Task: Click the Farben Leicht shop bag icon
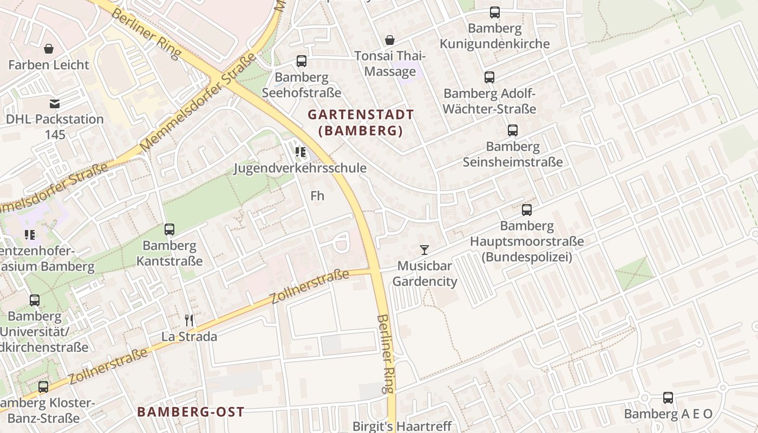coord(49,49)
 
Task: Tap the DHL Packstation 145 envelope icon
coord(55,104)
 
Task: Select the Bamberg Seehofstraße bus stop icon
coord(302,61)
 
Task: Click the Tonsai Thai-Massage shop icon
coord(390,40)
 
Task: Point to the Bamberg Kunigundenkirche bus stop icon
coord(495,12)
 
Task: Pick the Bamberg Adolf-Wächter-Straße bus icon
coord(489,77)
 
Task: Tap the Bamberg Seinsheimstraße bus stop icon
coord(513,130)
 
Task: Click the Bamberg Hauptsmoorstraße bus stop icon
coord(527,210)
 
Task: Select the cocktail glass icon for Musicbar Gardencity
coord(424,250)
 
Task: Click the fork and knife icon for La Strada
coord(189,320)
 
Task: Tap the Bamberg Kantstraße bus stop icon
coord(169,229)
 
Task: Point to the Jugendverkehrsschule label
coord(300,168)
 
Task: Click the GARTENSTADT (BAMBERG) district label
coord(361,123)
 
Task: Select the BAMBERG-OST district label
coord(191,412)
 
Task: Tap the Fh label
coord(317,195)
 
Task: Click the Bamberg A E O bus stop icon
coord(668,398)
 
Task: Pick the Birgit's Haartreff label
coord(402,426)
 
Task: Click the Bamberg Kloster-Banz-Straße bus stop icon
coord(43,387)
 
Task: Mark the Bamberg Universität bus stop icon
coord(35,300)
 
